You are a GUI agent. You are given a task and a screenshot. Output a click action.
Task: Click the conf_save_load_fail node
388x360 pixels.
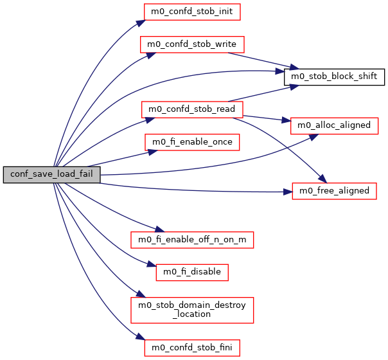click(51, 175)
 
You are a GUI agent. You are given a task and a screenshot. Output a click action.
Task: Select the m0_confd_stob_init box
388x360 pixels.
click(192, 11)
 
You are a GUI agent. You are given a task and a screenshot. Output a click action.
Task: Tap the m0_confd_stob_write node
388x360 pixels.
click(192, 44)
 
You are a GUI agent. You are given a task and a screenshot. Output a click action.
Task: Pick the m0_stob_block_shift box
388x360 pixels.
click(334, 77)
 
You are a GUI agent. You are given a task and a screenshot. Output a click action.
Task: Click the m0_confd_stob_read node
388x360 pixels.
click(192, 109)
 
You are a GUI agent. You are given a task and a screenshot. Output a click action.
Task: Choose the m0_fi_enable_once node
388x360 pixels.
click(192, 141)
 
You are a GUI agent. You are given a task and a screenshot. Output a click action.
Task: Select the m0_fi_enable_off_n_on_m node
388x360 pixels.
click(192, 240)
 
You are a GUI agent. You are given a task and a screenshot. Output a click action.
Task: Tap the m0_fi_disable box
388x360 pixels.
click(192, 272)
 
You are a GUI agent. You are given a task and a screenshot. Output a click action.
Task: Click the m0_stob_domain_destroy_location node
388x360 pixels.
click(192, 310)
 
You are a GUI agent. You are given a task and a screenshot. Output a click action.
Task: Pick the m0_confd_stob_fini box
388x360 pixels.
click(192, 348)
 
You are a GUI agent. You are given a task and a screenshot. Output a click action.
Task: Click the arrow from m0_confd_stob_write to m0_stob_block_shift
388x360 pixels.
click(263, 60)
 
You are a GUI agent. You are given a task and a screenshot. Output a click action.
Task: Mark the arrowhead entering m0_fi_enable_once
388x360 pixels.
click(152, 151)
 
